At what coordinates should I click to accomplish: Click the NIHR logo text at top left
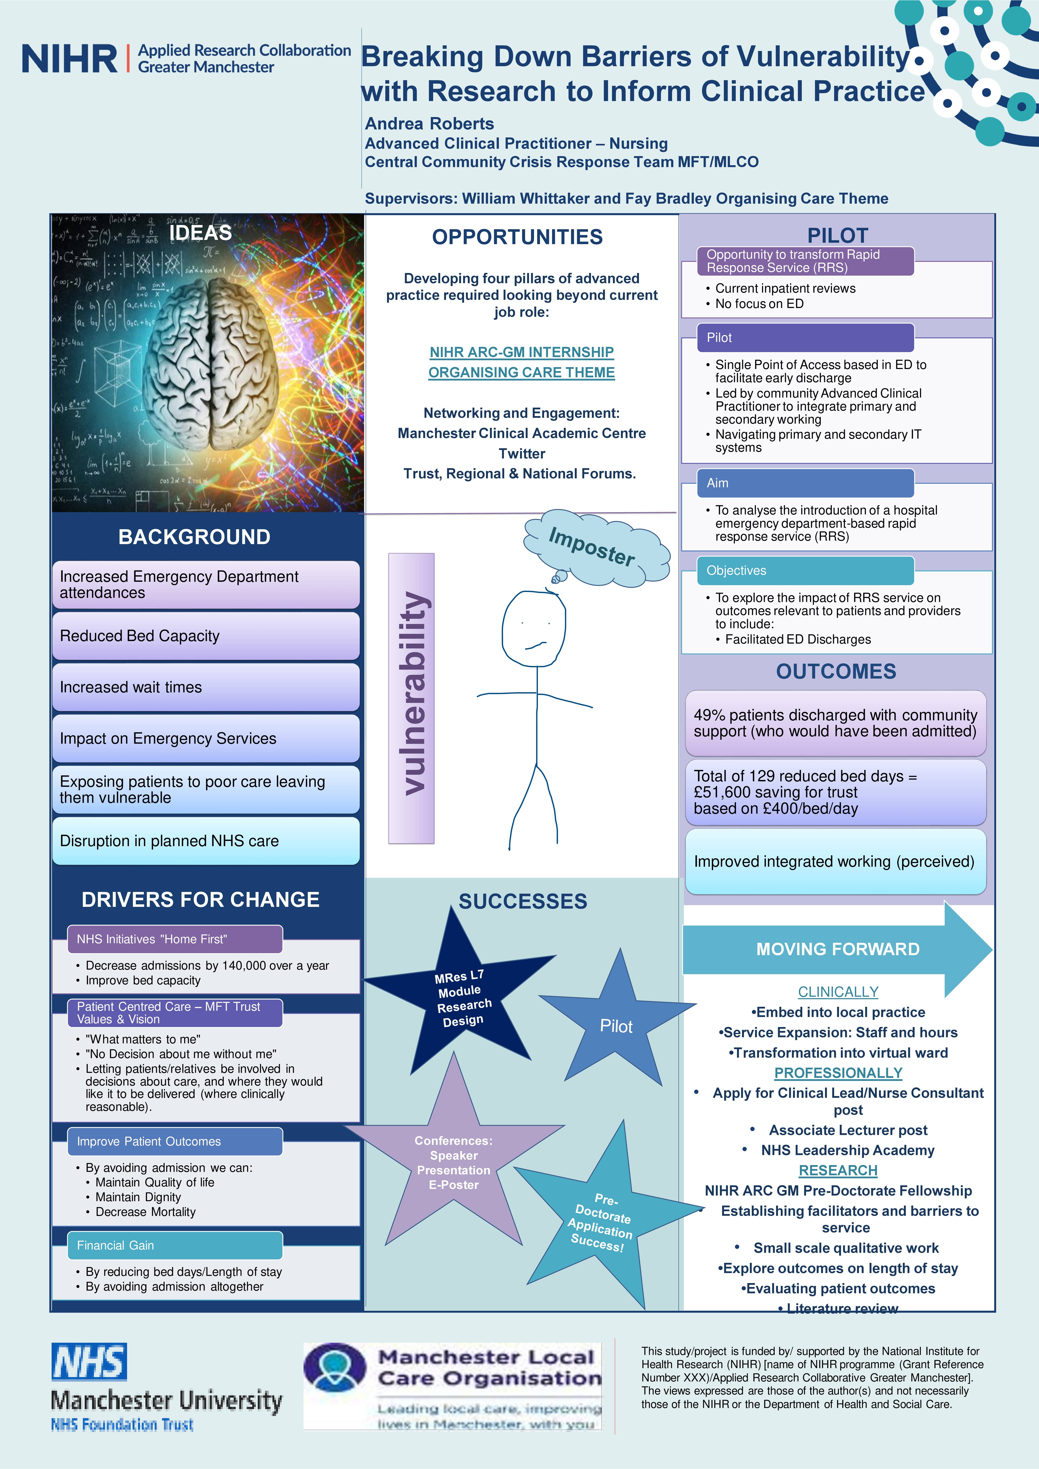pyautogui.click(x=69, y=59)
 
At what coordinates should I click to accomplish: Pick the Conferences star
pyautogui.click(x=454, y=1161)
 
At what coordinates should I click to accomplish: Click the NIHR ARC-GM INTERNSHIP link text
pyautogui.click(x=521, y=352)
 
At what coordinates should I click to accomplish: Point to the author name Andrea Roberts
pyautogui.click(x=429, y=123)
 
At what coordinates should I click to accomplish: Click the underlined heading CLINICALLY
pyautogui.click(x=837, y=992)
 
